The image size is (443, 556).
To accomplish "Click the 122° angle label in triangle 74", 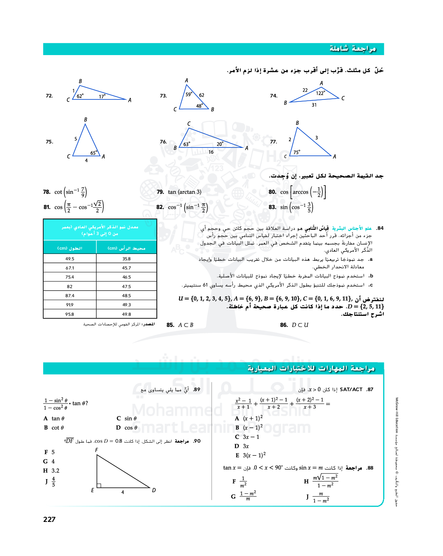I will click(x=321, y=93).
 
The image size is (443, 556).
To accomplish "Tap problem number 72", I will click(x=49, y=96).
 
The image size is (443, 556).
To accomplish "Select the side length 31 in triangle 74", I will click(x=314, y=105).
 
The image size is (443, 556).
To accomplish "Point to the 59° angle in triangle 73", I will click(x=189, y=94).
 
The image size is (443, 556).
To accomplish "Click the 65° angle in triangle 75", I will click(x=94, y=153).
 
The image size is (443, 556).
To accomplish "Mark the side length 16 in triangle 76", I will click(x=211, y=152).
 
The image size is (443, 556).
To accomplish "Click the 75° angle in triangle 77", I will click(x=297, y=152).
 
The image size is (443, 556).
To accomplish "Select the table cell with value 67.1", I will click(x=70, y=268).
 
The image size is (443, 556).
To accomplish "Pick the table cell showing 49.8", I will click(x=126, y=314).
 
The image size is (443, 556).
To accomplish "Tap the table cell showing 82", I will click(x=70, y=287).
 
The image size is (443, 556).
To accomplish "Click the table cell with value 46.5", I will click(x=126, y=277).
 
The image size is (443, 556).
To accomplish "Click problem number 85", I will click(x=170, y=325).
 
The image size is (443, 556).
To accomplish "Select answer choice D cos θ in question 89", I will click(x=127, y=428).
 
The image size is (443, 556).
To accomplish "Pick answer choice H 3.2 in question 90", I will click(x=52, y=471).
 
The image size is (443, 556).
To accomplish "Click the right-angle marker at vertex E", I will click(x=99, y=485).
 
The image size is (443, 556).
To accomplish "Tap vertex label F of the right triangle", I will click(x=96, y=450).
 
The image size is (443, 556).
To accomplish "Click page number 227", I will click(x=50, y=520).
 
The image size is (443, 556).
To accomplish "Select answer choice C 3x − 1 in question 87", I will click(x=247, y=437).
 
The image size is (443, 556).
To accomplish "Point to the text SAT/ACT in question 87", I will click(x=351, y=390).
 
